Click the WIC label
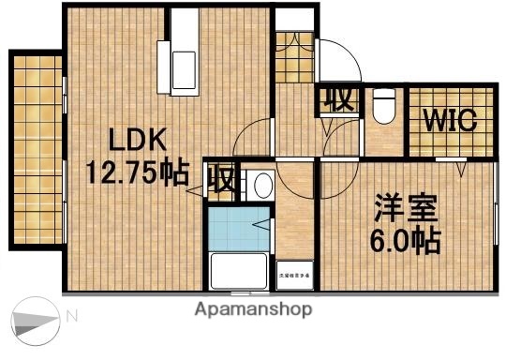pos(451,122)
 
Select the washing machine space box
pos(294,275)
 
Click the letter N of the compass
pos(71,317)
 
